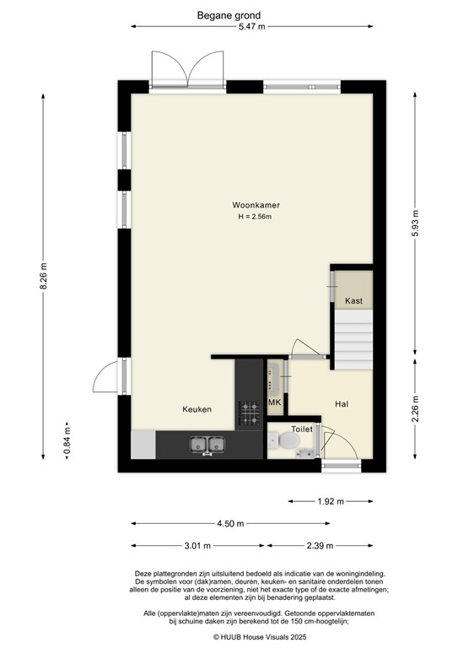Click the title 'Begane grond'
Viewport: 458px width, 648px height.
point(229,15)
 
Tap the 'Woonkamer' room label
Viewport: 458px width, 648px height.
point(257,205)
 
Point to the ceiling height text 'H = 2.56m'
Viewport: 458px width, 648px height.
point(257,217)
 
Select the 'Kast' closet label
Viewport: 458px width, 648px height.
point(353,301)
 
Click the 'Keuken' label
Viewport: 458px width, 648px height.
point(197,409)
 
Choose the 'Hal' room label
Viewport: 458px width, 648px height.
point(342,404)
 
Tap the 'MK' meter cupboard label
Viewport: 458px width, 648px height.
point(274,404)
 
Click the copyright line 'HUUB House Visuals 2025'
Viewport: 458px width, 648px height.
point(229,637)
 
